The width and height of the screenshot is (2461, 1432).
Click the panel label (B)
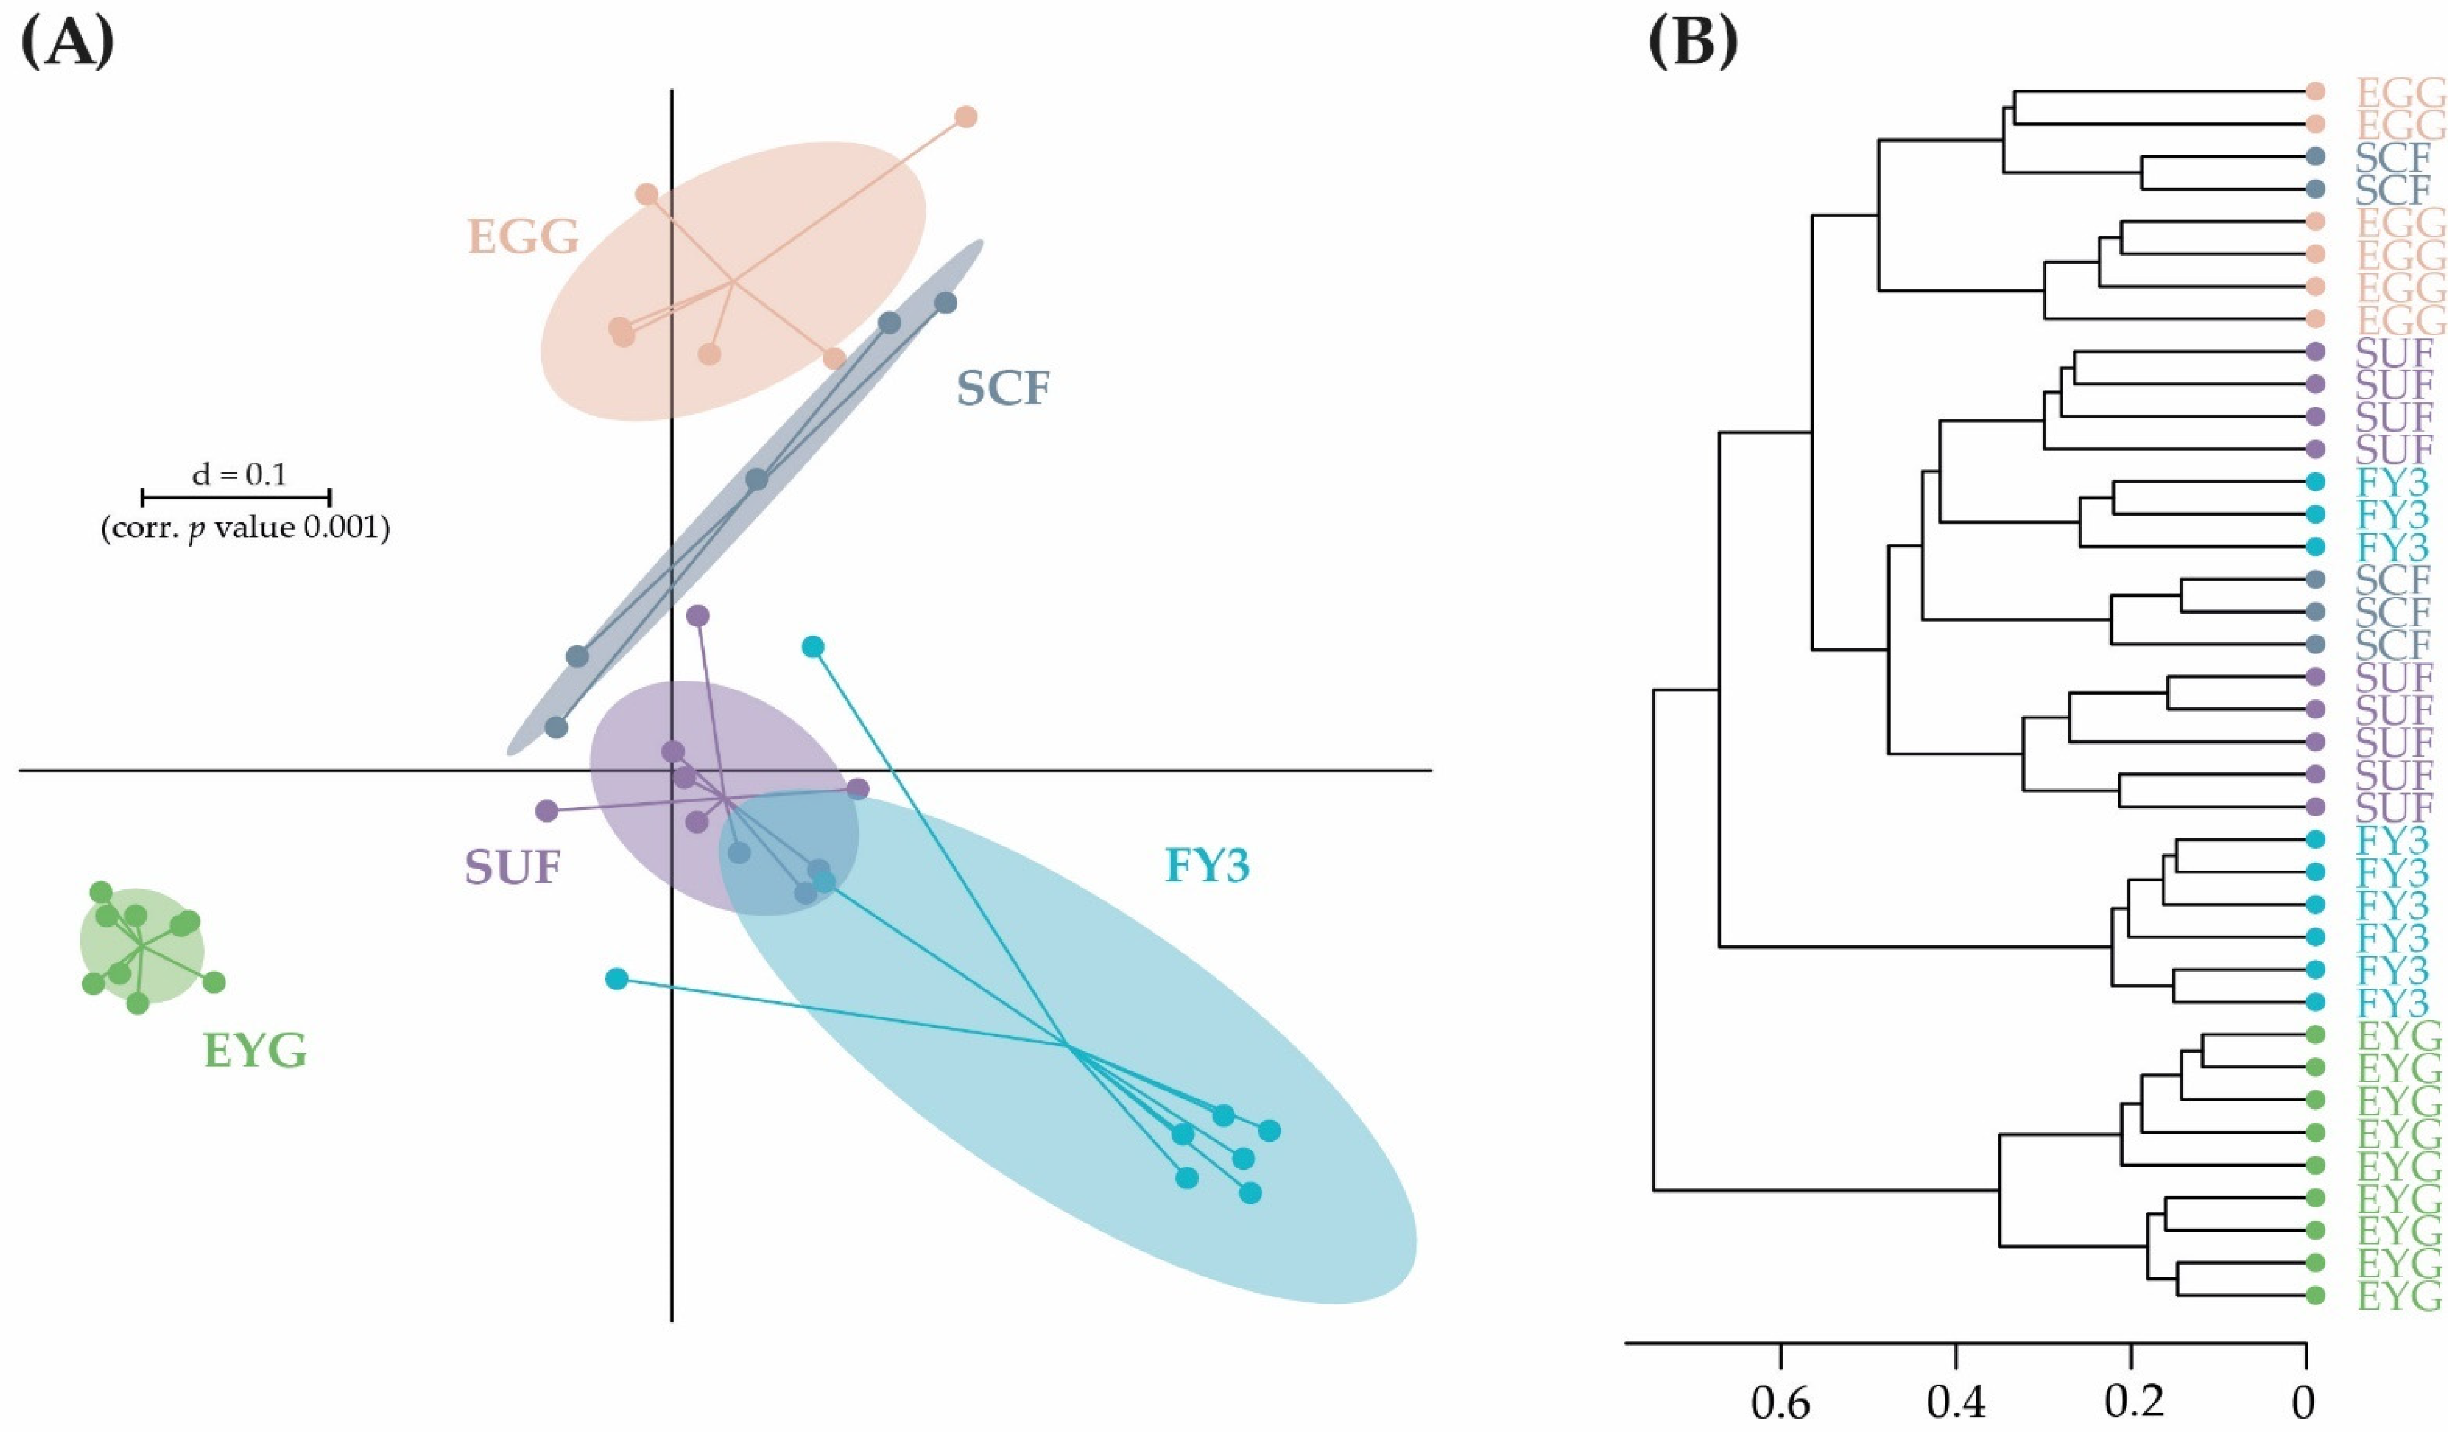click(x=1693, y=44)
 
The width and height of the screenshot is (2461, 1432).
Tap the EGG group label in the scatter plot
click(x=524, y=236)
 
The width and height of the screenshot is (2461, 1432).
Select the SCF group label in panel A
click(x=1003, y=389)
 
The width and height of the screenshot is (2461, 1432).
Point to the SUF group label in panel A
click(x=513, y=867)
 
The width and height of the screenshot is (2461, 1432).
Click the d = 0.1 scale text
click(x=239, y=475)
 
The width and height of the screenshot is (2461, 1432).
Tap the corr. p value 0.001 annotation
click(x=245, y=528)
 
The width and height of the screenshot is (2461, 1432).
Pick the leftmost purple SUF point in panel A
click(x=547, y=811)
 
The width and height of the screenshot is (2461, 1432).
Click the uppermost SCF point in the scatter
click(x=945, y=303)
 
